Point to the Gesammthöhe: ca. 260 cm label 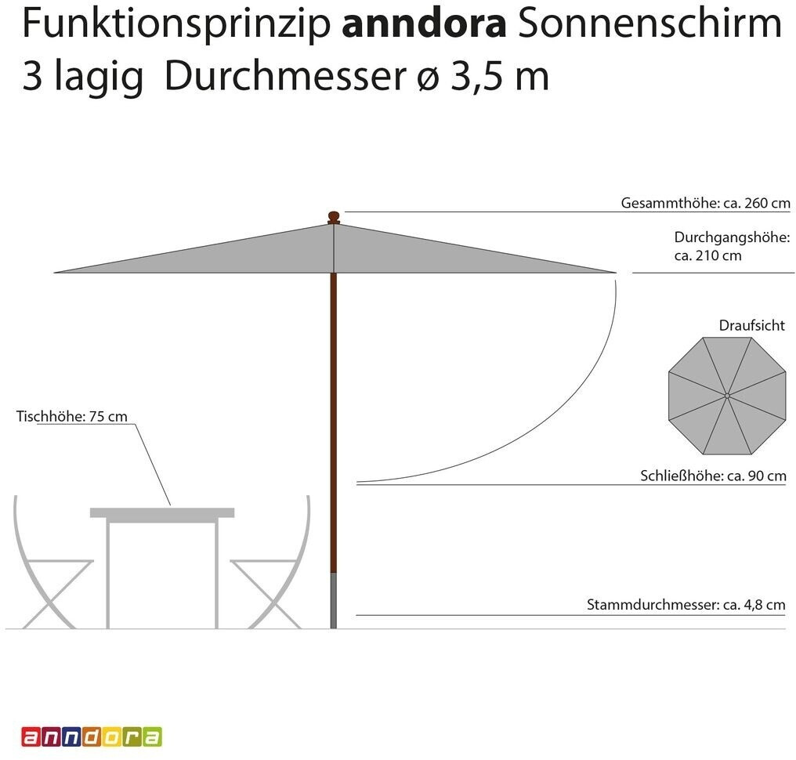click(x=705, y=203)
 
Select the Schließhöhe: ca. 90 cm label click(x=713, y=476)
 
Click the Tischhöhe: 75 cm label click(x=71, y=417)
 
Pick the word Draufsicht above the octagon click(x=751, y=325)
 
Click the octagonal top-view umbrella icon click(x=726, y=396)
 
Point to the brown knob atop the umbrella click(x=334, y=216)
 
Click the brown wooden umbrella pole click(x=334, y=423)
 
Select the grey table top click(x=162, y=512)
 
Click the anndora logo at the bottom click(x=92, y=736)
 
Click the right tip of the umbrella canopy click(x=613, y=272)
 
